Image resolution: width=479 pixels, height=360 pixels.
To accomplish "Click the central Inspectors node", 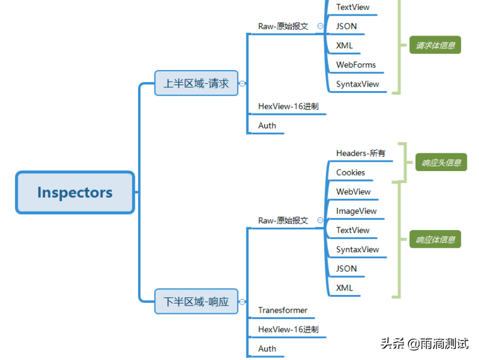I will pos(75,193).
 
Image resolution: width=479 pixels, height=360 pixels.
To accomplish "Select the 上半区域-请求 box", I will pos(196,83).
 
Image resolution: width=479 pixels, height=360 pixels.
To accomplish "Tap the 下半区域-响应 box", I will pos(196,302).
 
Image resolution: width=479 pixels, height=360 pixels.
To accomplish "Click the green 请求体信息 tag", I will pos(435,46).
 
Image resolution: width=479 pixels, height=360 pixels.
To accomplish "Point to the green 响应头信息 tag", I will pos(441,163).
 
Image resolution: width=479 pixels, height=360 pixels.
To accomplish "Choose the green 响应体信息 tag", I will pos(435,240).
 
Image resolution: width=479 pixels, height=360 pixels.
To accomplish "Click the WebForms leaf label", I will pos(356,65).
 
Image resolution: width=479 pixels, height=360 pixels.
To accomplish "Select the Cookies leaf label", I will pos(350,173).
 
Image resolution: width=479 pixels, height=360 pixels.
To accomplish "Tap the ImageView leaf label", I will pos(356,211).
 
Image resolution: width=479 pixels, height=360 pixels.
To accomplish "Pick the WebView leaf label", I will pos(353,192).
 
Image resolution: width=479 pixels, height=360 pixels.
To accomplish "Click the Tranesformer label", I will pos(283,310).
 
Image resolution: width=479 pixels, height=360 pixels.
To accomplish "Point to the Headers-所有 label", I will pos(360,153).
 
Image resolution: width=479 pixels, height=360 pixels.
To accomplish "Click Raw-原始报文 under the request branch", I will pos(283,26).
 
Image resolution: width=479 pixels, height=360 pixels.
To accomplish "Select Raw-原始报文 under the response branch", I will pos(283,221).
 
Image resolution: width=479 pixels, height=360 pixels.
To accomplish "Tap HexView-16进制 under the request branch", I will pos(288,106).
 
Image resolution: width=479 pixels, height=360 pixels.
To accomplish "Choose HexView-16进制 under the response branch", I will pos(288,329).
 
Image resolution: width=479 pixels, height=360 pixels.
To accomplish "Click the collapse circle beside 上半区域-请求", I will pos(242,83).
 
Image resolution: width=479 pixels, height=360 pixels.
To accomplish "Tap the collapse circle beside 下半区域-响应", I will pos(242,302).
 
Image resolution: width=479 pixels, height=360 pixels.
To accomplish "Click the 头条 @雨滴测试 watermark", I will pos(424,343).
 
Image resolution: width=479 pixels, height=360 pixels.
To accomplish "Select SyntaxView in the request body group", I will pos(357,84).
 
